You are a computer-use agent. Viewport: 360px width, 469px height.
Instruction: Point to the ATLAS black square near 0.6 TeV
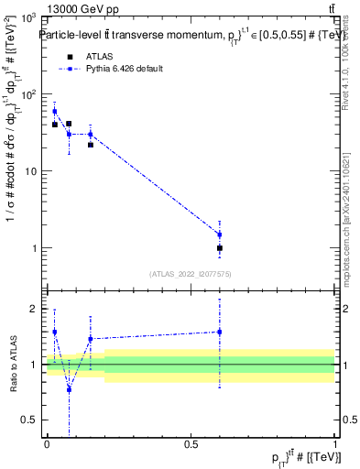coord(220,248)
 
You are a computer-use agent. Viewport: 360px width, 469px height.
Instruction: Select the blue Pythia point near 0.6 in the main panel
coord(220,234)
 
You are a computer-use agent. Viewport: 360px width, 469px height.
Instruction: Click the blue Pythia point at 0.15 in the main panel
coord(90,134)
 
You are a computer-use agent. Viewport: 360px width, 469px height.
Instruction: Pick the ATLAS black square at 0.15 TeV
coord(90,145)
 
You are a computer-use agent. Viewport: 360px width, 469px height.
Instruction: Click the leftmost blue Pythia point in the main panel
coord(54,111)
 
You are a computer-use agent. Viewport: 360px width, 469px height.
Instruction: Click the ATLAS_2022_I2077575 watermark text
coord(191,273)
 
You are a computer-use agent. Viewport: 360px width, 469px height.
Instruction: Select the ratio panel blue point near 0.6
coord(220,332)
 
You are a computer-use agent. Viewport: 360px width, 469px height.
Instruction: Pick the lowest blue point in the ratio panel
coord(69,389)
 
